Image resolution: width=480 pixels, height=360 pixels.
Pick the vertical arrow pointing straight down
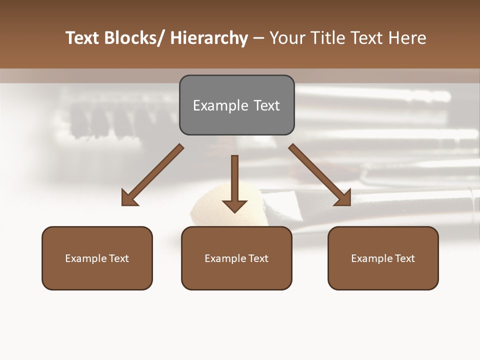coord(234,182)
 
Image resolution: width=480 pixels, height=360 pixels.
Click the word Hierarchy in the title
coord(209,38)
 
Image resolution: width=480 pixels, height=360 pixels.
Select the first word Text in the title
coord(83,38)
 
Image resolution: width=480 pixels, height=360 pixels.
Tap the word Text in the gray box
coord(266,105)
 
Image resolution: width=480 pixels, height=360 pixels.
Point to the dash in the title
coord(258,38)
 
